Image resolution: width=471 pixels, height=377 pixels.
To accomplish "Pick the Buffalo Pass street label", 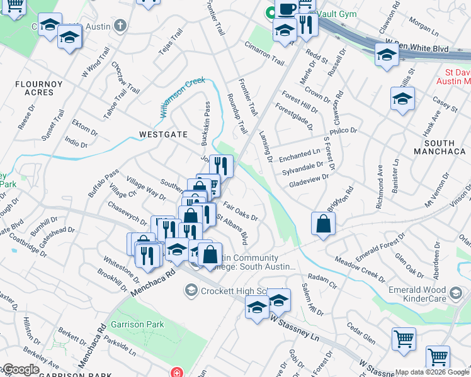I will click(103, 183).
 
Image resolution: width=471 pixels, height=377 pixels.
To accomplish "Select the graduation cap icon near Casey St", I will click(402, 99).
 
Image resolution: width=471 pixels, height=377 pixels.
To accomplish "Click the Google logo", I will click(21, 370).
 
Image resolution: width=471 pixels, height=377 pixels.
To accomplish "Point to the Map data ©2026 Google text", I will click(431, 372).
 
